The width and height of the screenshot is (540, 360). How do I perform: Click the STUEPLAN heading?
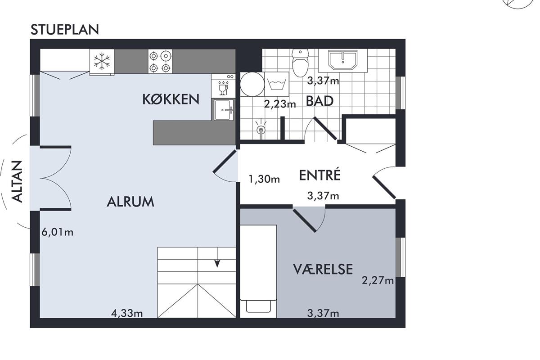tap(65, 29)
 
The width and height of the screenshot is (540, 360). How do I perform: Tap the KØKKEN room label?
tap(171, 99)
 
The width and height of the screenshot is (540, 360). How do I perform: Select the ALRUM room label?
tap(130, 202)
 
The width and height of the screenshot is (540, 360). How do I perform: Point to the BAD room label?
tap(319, 101)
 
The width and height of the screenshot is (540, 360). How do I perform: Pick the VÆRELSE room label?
tap(323, 269)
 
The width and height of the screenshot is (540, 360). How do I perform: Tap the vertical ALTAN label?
tap(18, 181)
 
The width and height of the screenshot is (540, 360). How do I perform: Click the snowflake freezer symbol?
tap(102, 61)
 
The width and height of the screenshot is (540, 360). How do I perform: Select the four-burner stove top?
tap(160, 61)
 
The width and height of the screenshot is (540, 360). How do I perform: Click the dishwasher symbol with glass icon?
tap(223, 86)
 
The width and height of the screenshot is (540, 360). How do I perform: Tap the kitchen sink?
tap(224, 110)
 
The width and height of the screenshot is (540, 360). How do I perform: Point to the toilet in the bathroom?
tap(300, 63)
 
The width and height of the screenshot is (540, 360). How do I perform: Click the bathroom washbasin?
tap(342, 60)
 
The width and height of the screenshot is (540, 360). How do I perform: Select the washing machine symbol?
tap(277, 84)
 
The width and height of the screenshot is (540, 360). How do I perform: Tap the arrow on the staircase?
tap(217, 257)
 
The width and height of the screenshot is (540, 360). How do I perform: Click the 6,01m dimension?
tap(58, 233)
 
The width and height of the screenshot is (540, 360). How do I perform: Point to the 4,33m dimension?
tap(127, 313)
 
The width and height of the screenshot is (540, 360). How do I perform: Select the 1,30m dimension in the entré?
tap(264, 179)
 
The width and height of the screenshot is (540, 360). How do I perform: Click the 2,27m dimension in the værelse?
tap(378, 280)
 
